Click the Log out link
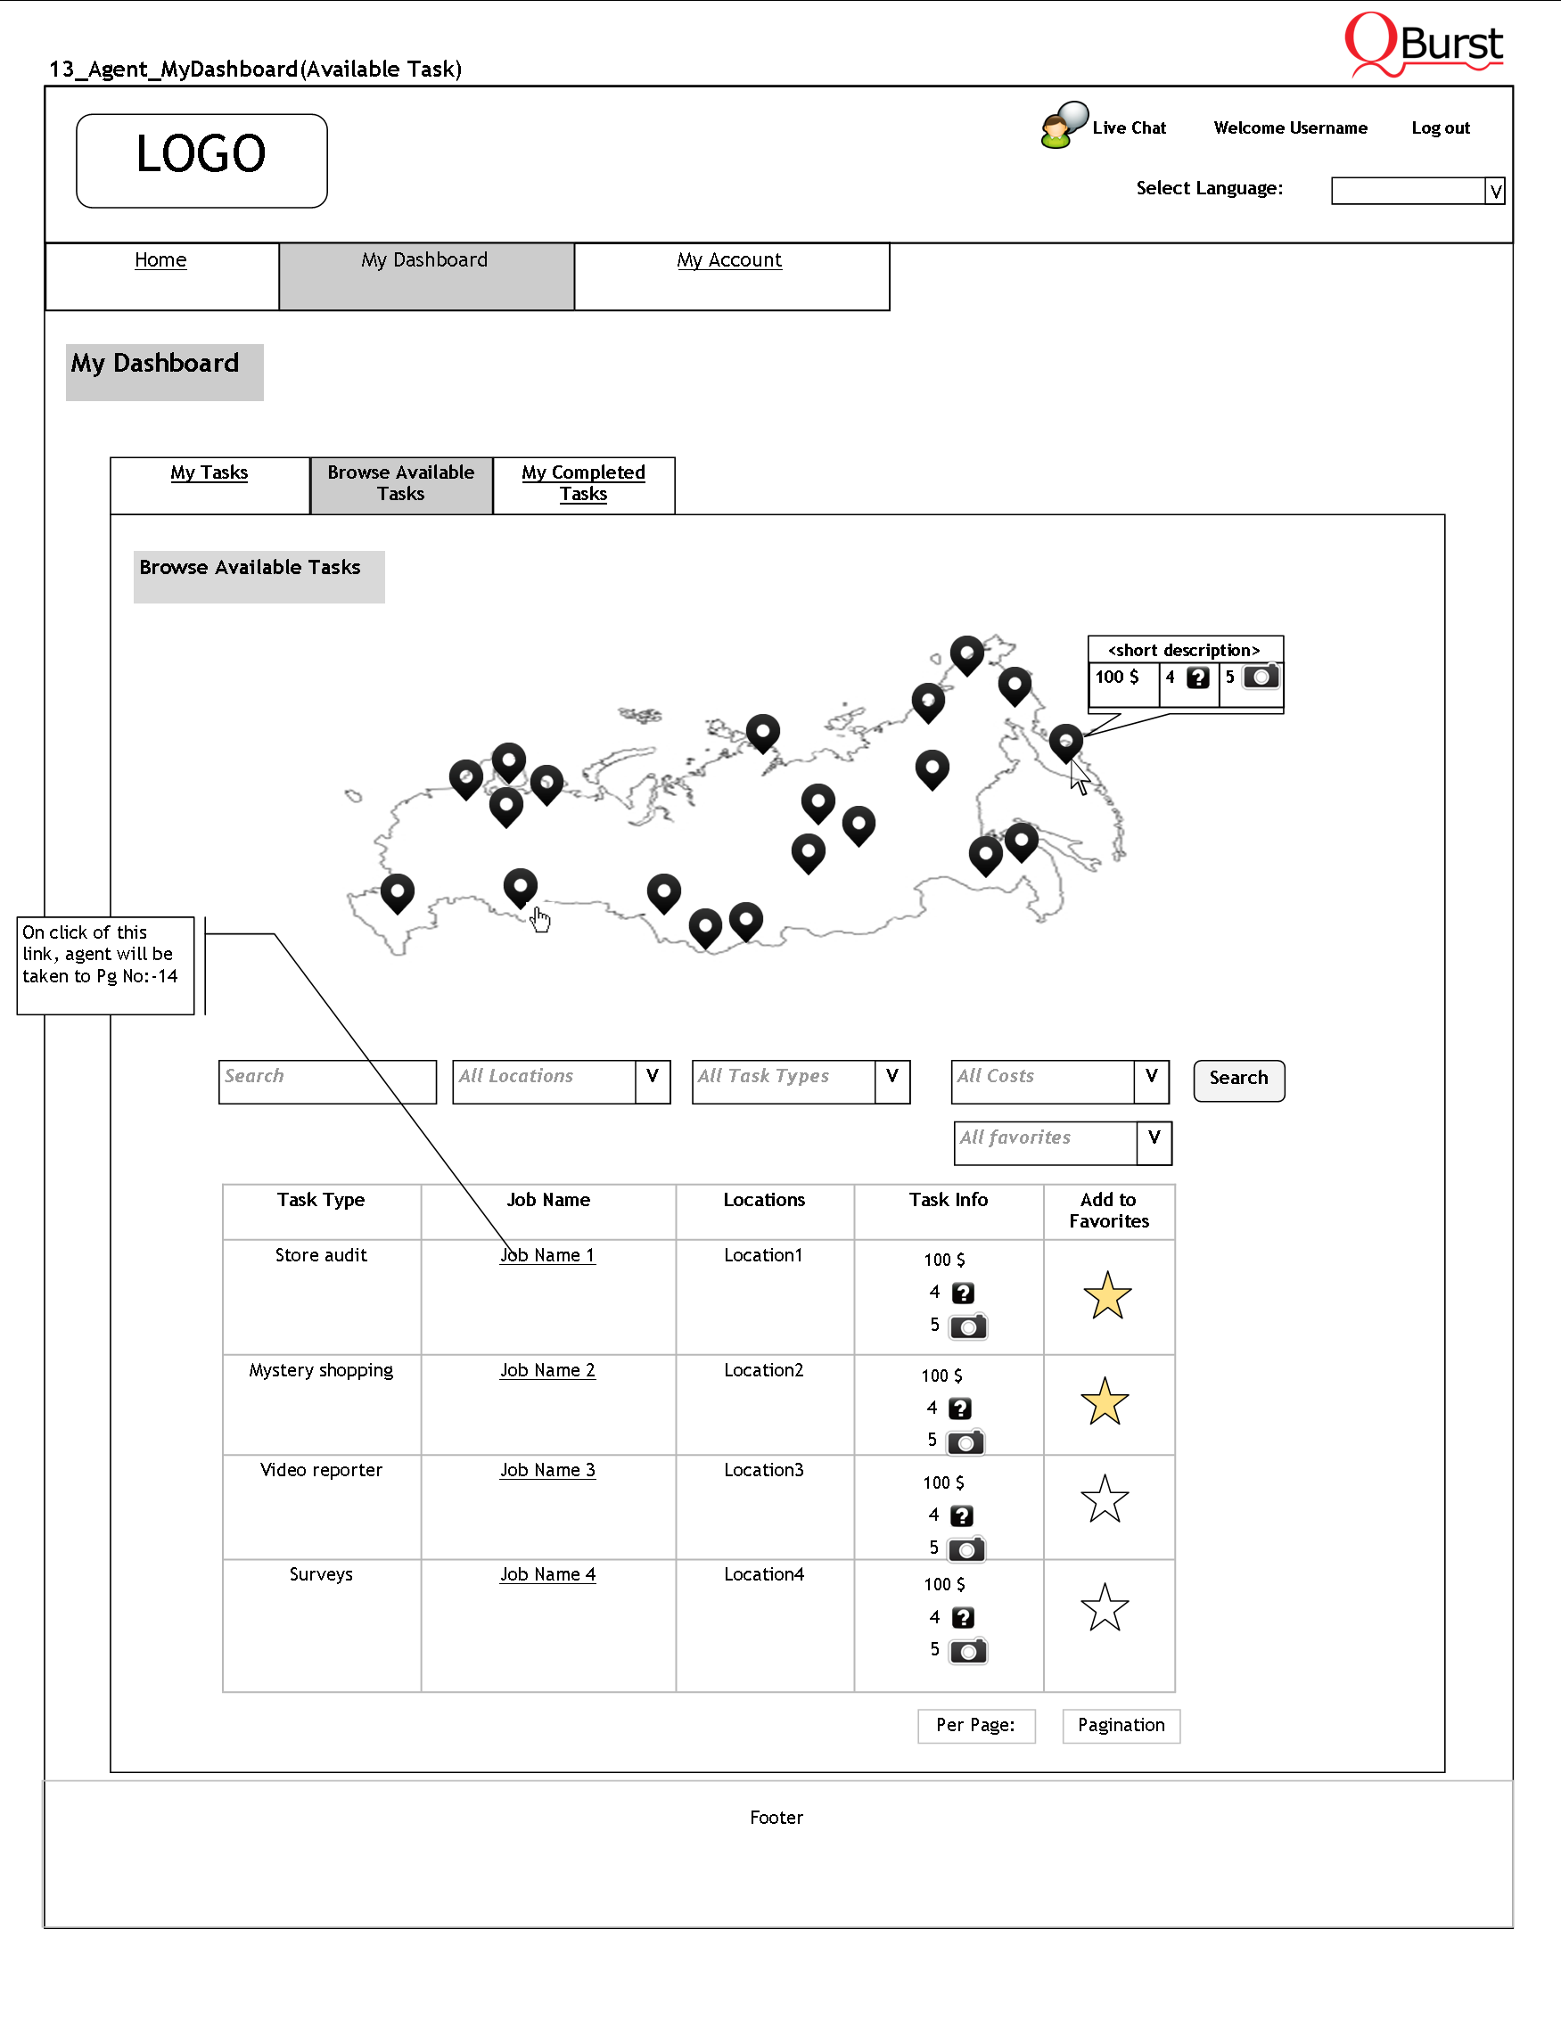(x=1440, y=128)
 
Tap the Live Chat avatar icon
(x=1063, y=126)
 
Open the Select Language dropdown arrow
(x=1494, y=192)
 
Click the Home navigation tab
(x=160, y=261)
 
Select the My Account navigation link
(x=728, y=261)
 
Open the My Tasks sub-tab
(x=209, y=473)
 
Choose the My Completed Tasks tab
(x=584, y=484)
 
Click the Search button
(x=1238, y=1080)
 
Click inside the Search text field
(x=326, y=1081)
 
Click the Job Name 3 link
(x=547, y=1471)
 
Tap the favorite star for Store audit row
(x=1107, y=1296)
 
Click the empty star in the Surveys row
(x=1105, y=1608)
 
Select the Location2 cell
(x=764, y=1371)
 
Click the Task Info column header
(x=948, y=1201)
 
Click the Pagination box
(x=1121, y=1726)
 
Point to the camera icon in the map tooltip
(x=1261, y=677)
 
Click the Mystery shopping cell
(x=321, y=1371)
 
